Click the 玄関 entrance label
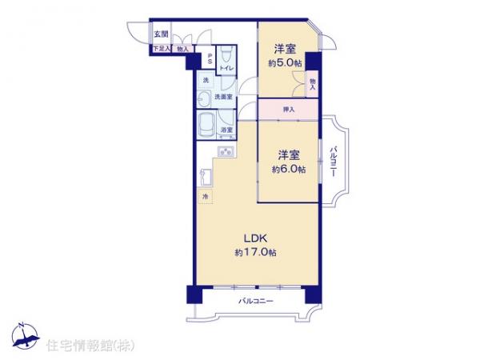[x=161, y=35]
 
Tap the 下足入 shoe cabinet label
[x=161, y=50]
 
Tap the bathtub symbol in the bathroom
[x=206, y=125]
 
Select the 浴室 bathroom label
[x=226, y=130]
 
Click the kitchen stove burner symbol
[x=226, y=153]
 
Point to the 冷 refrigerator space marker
[x=204, y=198]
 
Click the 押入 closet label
[x=288, y=110]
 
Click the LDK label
[x=256, y=238]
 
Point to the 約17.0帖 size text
[x=256, y=253]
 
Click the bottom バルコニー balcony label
[x=256, y=302]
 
